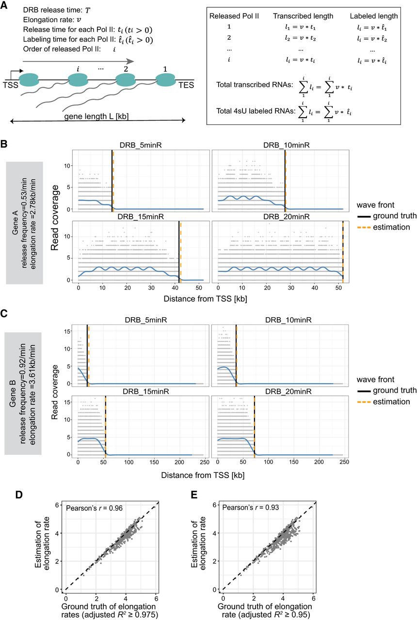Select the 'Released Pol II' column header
[233, 16]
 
